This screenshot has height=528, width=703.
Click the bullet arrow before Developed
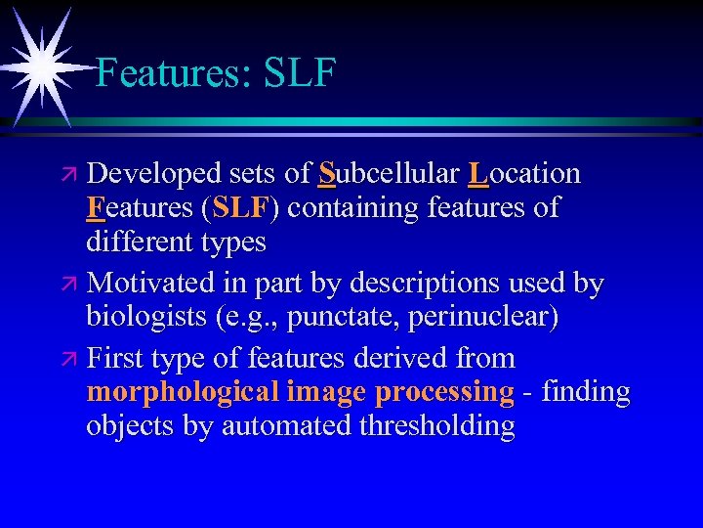click(74, 175)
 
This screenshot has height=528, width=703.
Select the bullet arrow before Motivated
click(74, 285)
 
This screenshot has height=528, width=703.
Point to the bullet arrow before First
click(74, 359)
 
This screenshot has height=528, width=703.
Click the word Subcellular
click(389, 174)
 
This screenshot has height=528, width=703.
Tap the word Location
click(524, 174)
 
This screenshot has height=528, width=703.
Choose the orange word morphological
click(183, 392)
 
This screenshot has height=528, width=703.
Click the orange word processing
click(444, 392)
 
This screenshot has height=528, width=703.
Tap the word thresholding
click(436, 426)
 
